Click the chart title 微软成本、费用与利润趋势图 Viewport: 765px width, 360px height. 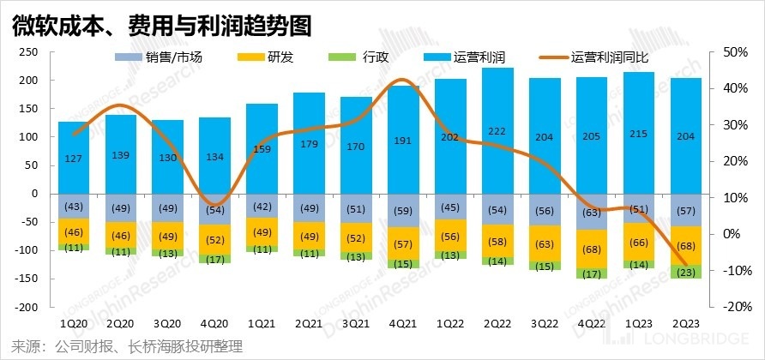[160, 26]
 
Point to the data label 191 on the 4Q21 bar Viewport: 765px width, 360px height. [403, 141]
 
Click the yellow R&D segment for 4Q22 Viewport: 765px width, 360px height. [591, 249]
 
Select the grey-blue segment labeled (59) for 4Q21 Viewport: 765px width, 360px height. [403, 210]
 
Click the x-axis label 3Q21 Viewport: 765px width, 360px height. [355, 324]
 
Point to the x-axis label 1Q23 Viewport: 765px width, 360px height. [638, 324]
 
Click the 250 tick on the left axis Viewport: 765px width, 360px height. [29, 51]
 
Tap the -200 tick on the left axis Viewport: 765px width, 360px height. [27, 307]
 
